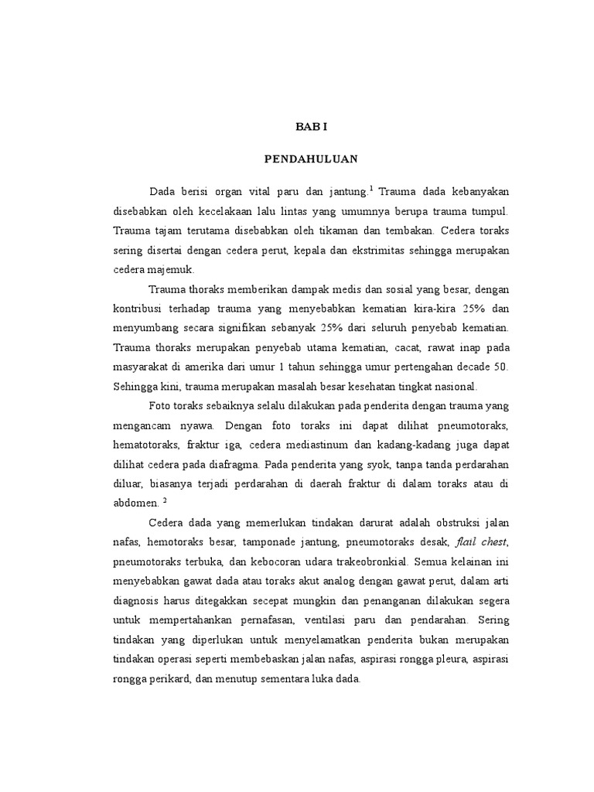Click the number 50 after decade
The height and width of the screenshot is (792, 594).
(x=502, y=365)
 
